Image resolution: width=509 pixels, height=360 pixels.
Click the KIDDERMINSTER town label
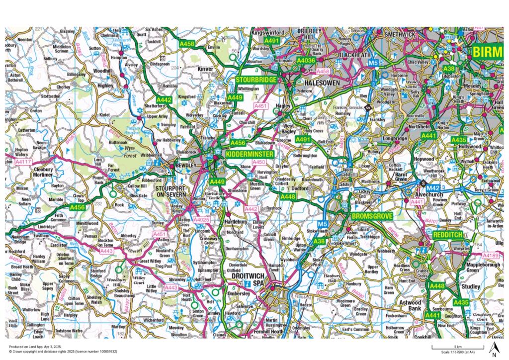[250, 155]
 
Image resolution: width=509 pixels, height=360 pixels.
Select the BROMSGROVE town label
[372, 217]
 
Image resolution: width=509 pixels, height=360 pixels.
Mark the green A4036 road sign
[306, 61]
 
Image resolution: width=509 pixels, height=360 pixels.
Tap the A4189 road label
[491, 256]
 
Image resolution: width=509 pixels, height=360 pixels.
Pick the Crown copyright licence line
[62, 351]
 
